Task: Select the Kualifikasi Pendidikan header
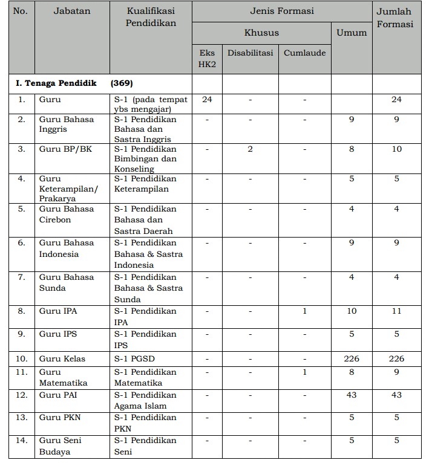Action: (151, 18)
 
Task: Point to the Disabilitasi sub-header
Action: (250, 53)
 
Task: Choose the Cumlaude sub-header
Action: (304, 53)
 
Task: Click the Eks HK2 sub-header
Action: (207, 58)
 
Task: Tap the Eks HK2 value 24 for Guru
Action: (207, 99)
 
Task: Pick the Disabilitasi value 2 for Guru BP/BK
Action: (250, 149)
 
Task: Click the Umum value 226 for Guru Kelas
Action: (351, 358)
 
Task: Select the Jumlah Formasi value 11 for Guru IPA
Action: (396, 311)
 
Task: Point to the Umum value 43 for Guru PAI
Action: (351, 395)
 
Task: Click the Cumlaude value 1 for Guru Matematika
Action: (304, 372)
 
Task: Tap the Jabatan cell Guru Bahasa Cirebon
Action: (67, 215)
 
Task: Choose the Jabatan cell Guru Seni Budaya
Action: (61, 446)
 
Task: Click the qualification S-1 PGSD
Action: (134, 358)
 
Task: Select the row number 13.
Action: (21, 418)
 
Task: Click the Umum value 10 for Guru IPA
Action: (351, 311)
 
